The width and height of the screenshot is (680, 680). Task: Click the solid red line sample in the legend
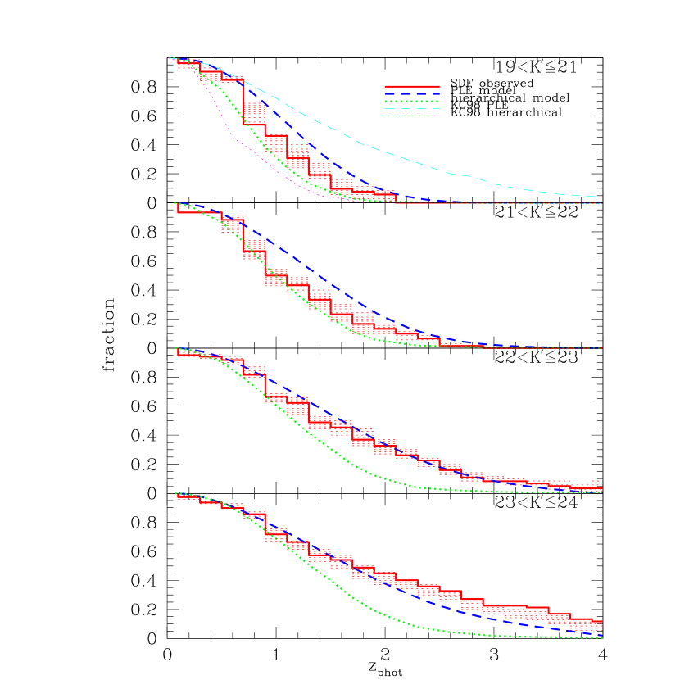(x=412, y=86)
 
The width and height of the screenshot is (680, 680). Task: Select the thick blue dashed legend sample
(x=412, y=94)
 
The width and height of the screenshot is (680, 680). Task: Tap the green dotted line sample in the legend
(x=412, y=102)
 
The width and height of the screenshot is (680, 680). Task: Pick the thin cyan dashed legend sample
(x=412, y=109)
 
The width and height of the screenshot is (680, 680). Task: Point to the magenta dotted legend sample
(x=412, y=116)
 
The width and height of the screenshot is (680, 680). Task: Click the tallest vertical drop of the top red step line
(x=244, y=102)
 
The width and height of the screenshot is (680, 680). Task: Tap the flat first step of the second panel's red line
(x=188, y=213)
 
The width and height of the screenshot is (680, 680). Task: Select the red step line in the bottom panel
(x=492, y=606)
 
